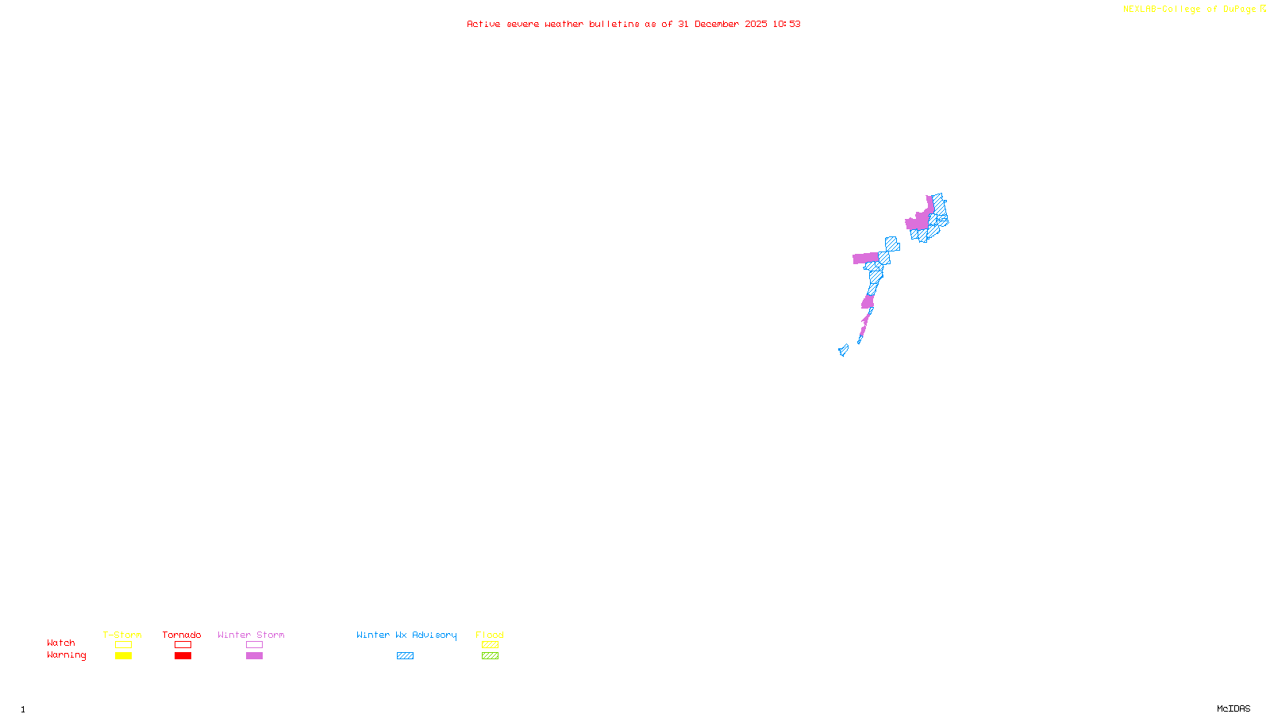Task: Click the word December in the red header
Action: point(717,24)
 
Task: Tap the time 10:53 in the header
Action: point(786,24)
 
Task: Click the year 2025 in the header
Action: point(756,24)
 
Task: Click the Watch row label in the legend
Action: point(61,643)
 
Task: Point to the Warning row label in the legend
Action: point(66,655)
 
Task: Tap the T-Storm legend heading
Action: point(122,635)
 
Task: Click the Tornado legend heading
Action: point(182,635)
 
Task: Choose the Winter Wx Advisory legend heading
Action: point(406,635)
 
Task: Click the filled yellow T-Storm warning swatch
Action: point(123,656)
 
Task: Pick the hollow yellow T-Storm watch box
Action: point(123,645)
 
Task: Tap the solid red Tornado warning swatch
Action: point(183,656)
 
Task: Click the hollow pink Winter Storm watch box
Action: point(254,645)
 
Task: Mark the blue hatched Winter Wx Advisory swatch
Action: point(405,656)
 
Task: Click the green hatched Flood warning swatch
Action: point(490,656)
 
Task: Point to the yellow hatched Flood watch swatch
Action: point(490,645)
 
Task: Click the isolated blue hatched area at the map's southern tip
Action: point(843,350)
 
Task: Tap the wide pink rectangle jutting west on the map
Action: point(864,258)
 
